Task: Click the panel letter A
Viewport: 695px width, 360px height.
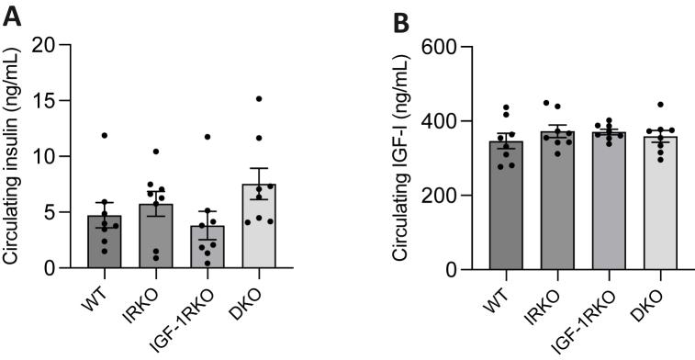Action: (12, 16)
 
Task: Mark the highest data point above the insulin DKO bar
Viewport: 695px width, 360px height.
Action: (260, 98)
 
